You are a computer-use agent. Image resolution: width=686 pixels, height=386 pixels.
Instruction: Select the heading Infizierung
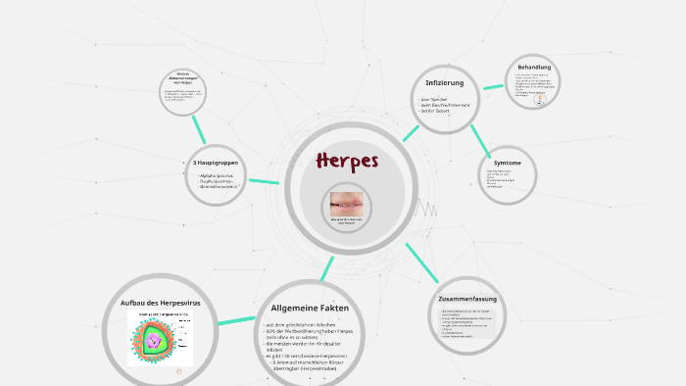[444, 81]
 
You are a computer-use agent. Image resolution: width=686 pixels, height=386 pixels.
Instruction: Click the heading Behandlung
[534, 68]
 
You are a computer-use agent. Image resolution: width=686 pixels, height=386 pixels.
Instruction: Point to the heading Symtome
[507, 163]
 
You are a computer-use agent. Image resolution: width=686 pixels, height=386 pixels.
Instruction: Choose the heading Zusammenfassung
[467, 298]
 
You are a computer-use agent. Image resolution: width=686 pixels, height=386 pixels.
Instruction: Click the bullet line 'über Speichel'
[434, 99]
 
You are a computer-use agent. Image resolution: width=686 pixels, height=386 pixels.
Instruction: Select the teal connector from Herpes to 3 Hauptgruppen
[264, 180]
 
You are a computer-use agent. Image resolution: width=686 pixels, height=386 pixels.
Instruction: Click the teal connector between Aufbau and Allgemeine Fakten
[236, 319]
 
